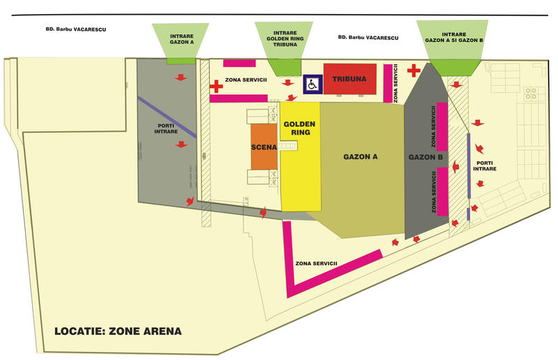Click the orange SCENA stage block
[x=264, y=147]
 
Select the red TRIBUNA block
[x=349, y=79]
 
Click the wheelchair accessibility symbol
[x=312, y=84]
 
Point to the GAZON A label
[x=361, y=157]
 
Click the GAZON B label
[x=421, y=157]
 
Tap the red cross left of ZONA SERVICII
[x=216, y=87]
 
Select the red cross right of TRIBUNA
[x=414, y=70]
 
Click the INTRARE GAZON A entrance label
[x=181, y=38]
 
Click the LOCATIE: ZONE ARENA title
[x=118, y=331]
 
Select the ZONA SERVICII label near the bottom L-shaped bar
[x=317, y=263]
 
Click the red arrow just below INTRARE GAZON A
[x=181, y=77]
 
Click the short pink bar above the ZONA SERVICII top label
[x=239, y=63]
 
